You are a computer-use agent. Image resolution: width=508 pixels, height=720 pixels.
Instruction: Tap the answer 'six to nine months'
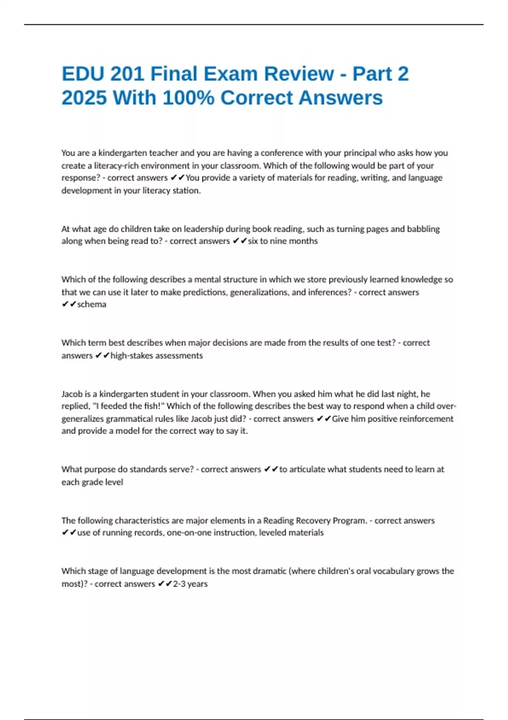click(x=283, y=241)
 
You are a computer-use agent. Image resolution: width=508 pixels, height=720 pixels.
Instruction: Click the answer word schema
click(x=92, y=305)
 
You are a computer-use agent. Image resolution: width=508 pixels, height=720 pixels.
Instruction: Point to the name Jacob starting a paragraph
click(x=72, y=394)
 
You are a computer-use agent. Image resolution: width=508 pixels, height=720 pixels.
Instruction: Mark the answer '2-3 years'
click(x=190, y=584)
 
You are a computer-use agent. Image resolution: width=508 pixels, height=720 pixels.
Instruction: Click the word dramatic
click(x=270, y=571)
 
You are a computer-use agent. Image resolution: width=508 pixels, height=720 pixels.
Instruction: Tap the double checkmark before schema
click(x=69, y=305)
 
